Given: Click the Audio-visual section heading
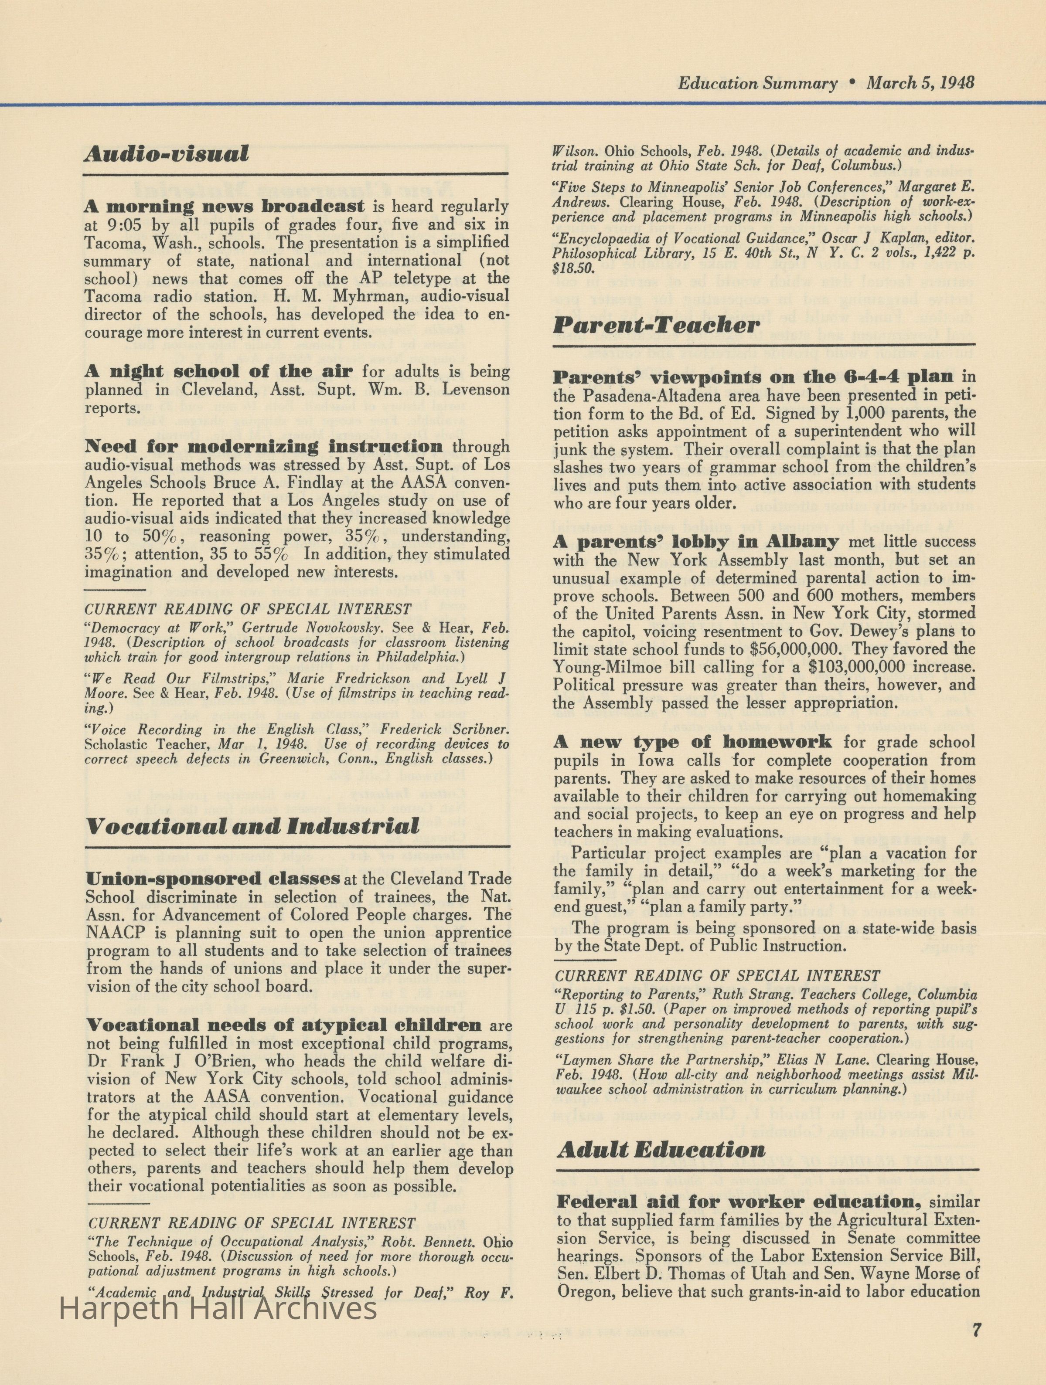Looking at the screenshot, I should point(166,154).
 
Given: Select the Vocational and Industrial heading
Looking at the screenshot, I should point(252,826).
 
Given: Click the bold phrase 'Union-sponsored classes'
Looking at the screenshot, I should point(213,879).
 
